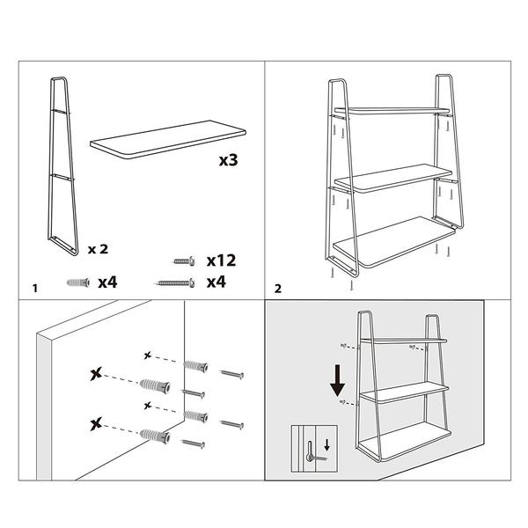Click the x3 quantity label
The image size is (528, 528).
point(228,160)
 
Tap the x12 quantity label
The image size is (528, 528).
point(221,260)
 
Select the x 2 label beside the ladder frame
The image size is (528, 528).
point(98,249)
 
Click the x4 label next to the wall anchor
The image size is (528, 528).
point(107,282)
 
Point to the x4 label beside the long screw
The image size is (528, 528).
point(216,282)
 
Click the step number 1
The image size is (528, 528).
point(35,289)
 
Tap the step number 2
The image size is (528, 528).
point(278,289)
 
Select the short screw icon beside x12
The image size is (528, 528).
point(184,261)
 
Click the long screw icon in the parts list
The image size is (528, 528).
point(176,283)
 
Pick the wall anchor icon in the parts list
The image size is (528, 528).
point(78,282)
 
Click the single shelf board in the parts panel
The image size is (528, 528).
point(168,139)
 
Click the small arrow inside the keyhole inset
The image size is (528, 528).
point(326,446)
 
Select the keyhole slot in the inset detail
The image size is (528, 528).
point(310,451)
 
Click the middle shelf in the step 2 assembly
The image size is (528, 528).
point(392,178)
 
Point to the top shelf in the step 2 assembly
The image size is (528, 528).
point(392,111)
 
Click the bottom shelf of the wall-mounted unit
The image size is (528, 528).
point(404,442)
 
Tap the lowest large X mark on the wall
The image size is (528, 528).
point(96,424)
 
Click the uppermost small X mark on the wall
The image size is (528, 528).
point(147,355)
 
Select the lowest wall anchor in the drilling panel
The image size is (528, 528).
point(155,436)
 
